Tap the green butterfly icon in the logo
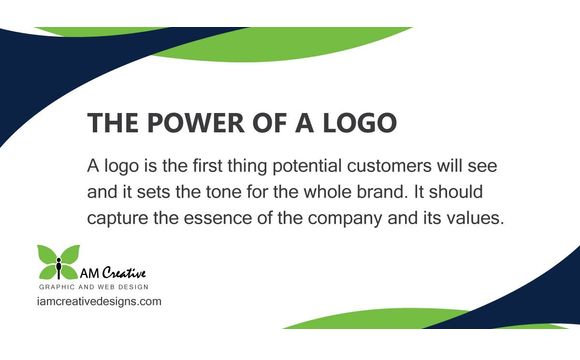click(x=59, y=262)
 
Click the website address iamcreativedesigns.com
click(x=98, y=301)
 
